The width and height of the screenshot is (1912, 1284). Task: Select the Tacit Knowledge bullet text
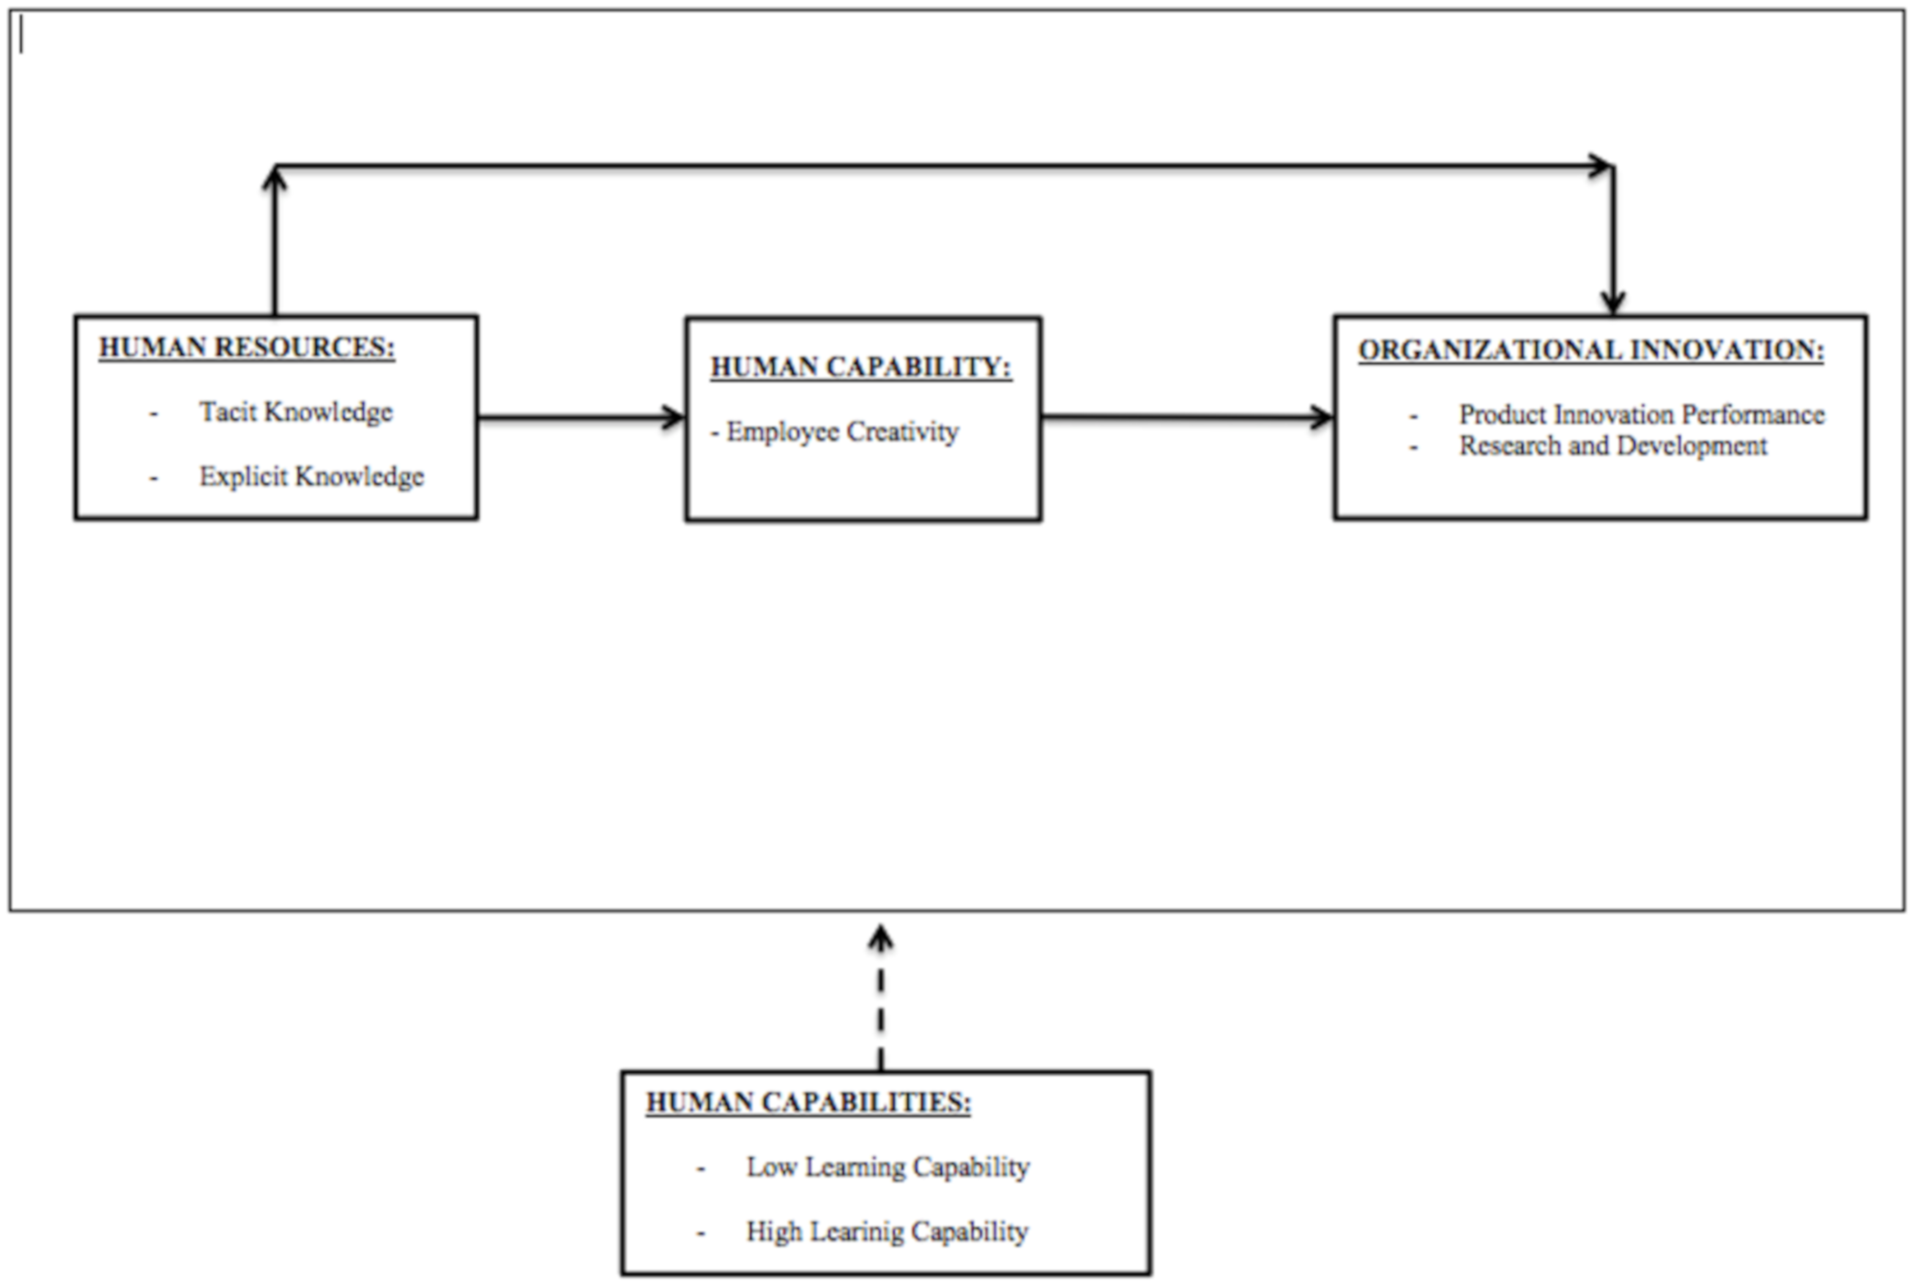(296, 412)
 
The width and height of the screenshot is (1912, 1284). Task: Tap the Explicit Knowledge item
(311, 477)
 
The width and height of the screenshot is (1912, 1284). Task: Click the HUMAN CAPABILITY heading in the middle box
(860, 367)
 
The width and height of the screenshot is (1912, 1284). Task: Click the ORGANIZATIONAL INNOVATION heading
(1590, 351)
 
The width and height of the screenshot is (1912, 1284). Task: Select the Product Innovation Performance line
(1641, 414)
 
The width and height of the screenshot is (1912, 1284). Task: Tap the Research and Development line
(1612, 446)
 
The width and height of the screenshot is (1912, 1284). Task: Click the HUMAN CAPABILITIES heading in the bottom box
(808, 1103)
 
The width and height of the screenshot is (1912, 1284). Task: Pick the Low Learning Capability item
(887, 1167)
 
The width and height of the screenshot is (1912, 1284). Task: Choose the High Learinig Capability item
(887, 1231)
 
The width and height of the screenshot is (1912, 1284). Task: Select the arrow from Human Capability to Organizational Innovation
(1187, 417)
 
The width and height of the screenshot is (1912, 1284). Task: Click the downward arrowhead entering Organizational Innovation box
(1612, 301)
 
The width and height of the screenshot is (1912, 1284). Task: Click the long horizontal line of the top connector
(941, 166)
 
